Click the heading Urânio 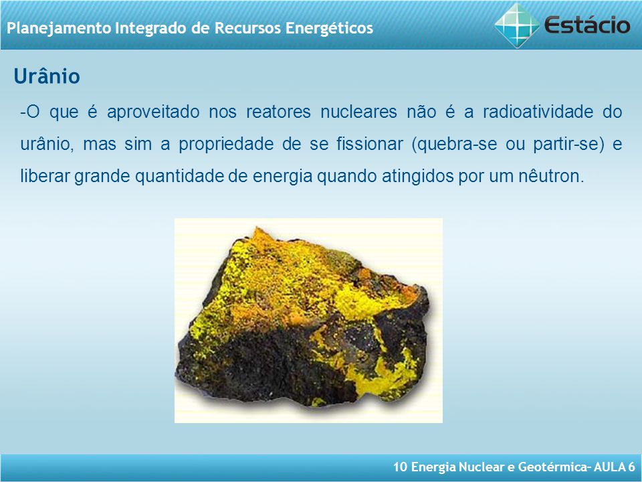click(x=47, y=76)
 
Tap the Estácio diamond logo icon click(x=517, y=25)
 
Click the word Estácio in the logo click(x=587, y=25)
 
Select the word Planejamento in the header click(x=59, y=28)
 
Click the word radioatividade click(x=538, y=112)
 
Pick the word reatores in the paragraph click(x=278, y=112)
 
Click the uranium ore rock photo click(x=308, y=320)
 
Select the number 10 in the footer click(x=400, y=467)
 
